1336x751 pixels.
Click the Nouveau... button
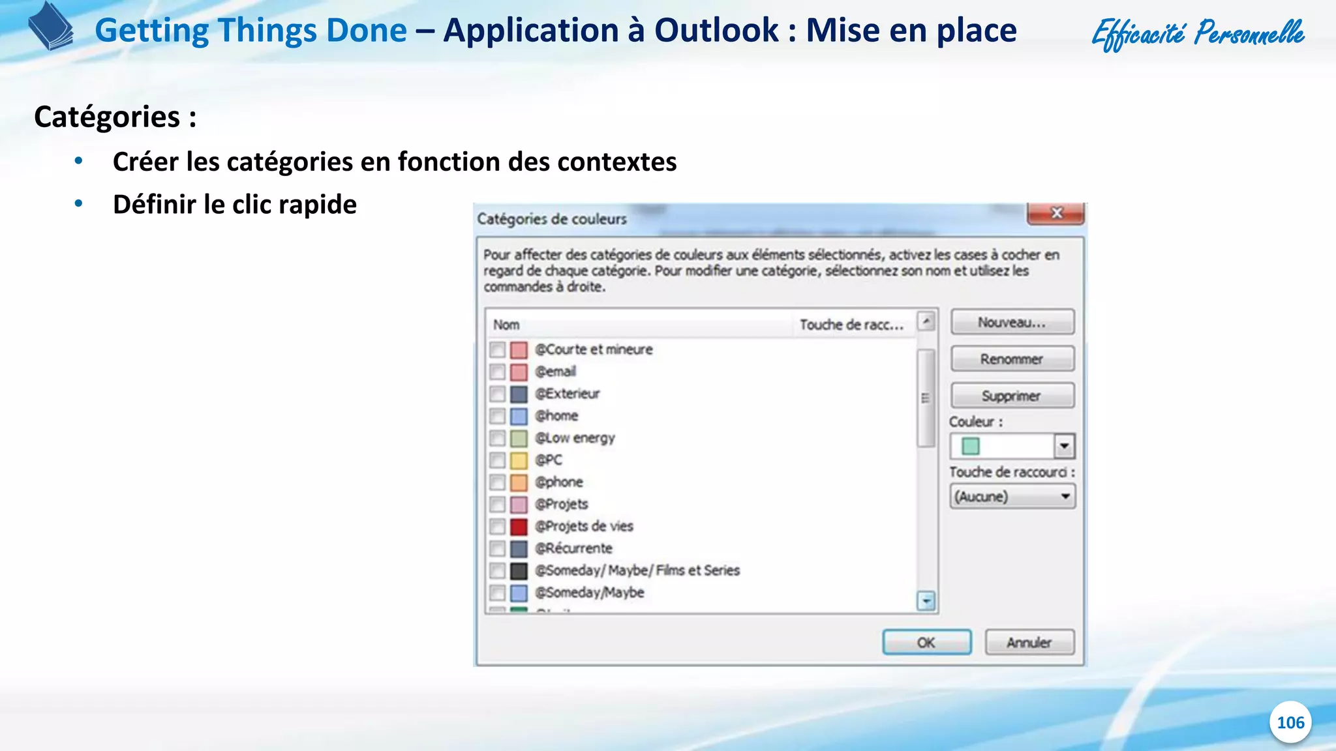1012,322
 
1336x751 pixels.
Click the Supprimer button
1012,396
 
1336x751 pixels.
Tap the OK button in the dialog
926,642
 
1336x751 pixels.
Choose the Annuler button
1029,642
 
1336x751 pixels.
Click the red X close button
1056,213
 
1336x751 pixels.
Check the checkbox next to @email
498,372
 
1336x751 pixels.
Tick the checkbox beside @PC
498,460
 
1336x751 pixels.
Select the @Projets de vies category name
584,526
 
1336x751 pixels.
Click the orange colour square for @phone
519,482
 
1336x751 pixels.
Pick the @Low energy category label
575,438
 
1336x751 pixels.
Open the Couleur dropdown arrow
1064,447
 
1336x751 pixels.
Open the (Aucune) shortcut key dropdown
1012,497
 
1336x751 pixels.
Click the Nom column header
507,325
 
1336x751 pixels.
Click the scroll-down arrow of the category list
926,600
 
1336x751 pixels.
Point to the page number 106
1290,722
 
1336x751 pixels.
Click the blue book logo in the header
51,26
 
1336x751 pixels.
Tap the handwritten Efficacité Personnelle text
1198,33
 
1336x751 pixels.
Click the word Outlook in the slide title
716,31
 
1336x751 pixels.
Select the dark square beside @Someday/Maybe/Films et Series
519,571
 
